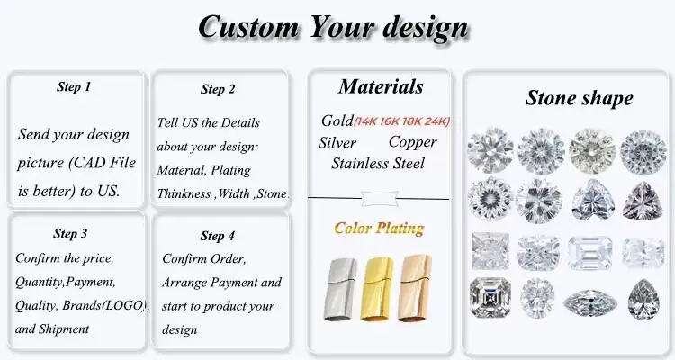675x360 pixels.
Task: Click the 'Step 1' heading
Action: (74, 86)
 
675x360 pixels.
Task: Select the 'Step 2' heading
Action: (218, 89)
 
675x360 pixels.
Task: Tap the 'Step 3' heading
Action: (70, 233)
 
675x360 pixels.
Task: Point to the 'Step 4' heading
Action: (218, 236)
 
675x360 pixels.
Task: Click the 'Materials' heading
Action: (381, 86)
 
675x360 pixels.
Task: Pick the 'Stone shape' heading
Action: (579, 98)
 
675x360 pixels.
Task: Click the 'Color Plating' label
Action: (379, 229)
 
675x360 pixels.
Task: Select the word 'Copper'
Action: (412, 142)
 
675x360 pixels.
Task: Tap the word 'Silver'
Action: (337, 143)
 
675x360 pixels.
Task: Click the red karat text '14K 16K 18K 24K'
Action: (401, 121)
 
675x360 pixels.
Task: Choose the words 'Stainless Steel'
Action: (377, 164)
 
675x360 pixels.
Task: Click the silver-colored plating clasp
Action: (340, 289)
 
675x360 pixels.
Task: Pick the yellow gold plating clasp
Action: (377, 289)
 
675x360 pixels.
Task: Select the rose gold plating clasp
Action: (415, 288)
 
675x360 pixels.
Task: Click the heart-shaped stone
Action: (593, 200)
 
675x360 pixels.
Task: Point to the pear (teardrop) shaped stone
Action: (643, 300)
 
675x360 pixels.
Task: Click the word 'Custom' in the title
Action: (248, 27)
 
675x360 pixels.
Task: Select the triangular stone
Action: (643, 201)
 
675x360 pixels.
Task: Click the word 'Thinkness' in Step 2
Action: (184, 193)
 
